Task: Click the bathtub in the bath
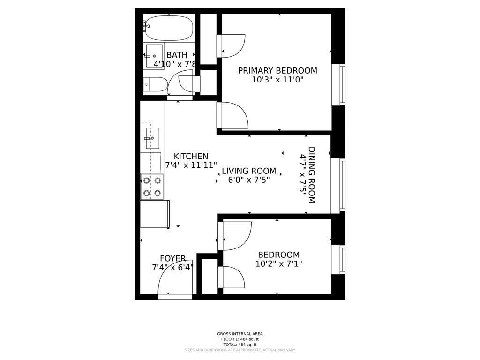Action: point(169,28)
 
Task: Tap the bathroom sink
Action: point(154,55)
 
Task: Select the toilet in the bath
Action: point(155,84)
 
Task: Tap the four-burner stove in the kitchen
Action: point(152,187)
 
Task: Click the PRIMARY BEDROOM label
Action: point(277,71)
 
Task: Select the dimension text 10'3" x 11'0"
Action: point(277,80)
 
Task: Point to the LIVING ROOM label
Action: point(249,171)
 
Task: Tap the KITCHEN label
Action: point(191,157)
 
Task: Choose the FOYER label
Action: point(172,258)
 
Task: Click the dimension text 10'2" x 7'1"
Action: point(278,264)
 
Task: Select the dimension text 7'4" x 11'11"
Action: point(191,165)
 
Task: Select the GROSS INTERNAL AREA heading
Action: point(240,334)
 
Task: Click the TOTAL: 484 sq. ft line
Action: point(240,345)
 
